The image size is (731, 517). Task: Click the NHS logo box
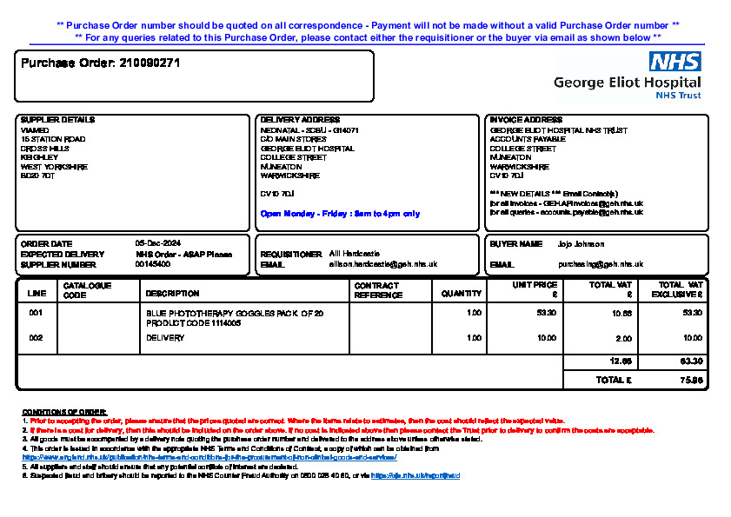[x=675, y=62]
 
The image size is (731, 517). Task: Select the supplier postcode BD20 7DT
[x=37, y=176]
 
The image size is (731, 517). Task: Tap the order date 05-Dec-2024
[x=157, y=244]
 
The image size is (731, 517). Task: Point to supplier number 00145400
[x=152, y=264]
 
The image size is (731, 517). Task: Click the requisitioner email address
[x=382, y=264]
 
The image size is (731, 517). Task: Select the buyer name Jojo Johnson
[x=581, y=244]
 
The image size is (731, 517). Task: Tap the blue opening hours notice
[x=340, y=213]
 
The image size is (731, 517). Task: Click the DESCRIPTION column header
[x=172, y=294]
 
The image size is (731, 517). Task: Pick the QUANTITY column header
[x=461, y=294]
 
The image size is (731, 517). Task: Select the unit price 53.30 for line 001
[x=547, y=312]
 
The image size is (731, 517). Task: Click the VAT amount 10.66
[x=623, y=313]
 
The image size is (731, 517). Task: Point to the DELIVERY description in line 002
[x=165, y=338]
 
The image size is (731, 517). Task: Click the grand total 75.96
[x=691, y=381]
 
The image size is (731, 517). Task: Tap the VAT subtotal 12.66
[x=621, y=361]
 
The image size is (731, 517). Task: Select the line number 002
[x=36, y=338]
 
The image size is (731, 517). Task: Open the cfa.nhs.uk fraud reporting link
[x=415, y=476]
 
